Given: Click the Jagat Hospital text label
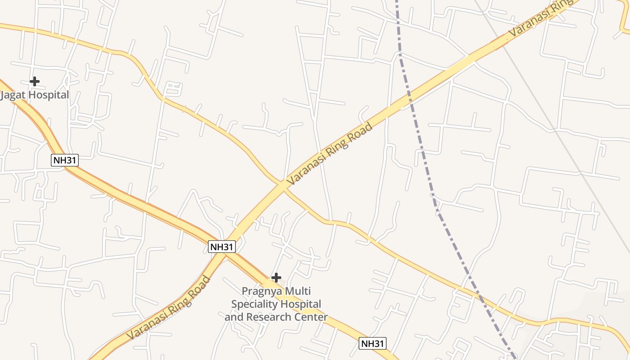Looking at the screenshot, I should (35, 95).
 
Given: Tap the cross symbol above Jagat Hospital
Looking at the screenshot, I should (35, 81).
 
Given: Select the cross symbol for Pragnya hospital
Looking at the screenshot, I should (276, 278).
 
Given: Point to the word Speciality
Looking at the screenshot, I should (254, 304).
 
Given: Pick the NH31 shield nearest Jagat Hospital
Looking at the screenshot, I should (65, 160).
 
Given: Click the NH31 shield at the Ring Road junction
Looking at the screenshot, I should (222, 247).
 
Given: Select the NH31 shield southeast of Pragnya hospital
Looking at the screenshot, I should (373, 344).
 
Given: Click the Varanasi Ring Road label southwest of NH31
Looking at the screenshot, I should (168, 308).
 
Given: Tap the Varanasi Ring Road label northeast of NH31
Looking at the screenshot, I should (330, 153).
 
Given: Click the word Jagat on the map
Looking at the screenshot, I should (13, 95).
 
